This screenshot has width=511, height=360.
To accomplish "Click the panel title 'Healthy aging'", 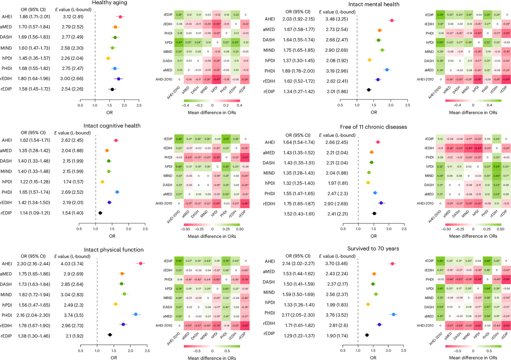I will pyautogui.click(x=109, y=3).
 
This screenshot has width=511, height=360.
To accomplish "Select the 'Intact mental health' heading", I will pyautogui.click(x=374, y=4).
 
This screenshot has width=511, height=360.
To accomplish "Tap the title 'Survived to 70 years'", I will pyautogui.click(x=373, y=249).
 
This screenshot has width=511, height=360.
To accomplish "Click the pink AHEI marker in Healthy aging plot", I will pyautogui.click(x=120, y=17).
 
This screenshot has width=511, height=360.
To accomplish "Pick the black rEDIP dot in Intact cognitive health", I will pyautogui.click(x=100, y=213).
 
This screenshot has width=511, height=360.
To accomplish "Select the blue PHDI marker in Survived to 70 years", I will pyautogui.click(x=393, y=315).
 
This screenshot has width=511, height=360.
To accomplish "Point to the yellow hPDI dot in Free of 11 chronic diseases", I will pyautogui.click(x=368, y=183).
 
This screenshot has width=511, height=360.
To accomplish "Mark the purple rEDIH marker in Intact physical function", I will pyautogui.click(x=123, y=324).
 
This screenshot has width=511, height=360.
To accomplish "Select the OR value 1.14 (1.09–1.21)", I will pyautogui.click(x=34, y=213).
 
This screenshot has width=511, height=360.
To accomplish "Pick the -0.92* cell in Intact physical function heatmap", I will pyautogui.click(x=244, y=326).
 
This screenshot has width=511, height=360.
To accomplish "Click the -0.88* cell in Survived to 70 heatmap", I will pyautogui.click(x=506, y=279).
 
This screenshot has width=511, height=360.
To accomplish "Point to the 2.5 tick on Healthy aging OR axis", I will pyautogui.click(x=139, y=105).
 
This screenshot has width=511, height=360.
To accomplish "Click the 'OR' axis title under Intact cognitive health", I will pyautogui.click(x=112, y=236).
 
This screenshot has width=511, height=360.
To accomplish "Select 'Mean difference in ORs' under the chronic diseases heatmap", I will pyautogui.click(x=473, y=236).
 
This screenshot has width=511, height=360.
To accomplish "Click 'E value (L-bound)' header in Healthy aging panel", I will pyautogui.click(x=73, y=10).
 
